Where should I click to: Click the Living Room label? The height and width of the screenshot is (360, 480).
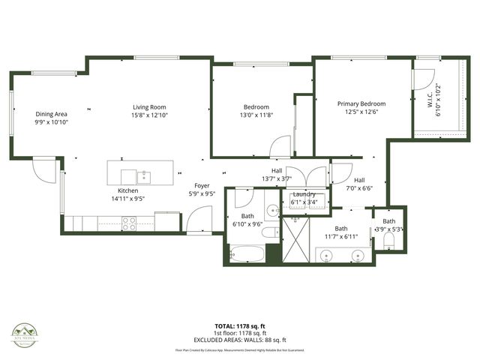pos(148,107)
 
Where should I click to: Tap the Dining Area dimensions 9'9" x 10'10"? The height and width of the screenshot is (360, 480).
pos(51,121)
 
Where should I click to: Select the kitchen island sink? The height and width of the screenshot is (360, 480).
pos(143,176)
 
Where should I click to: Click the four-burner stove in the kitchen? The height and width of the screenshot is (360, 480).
pos(129,223)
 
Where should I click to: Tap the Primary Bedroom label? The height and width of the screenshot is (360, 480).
pos(361,104)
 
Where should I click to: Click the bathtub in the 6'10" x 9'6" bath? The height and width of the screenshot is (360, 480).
pos(245,253)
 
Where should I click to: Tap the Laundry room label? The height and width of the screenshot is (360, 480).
pos(298,193)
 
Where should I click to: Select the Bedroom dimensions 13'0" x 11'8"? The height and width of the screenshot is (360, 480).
pos(256,115)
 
